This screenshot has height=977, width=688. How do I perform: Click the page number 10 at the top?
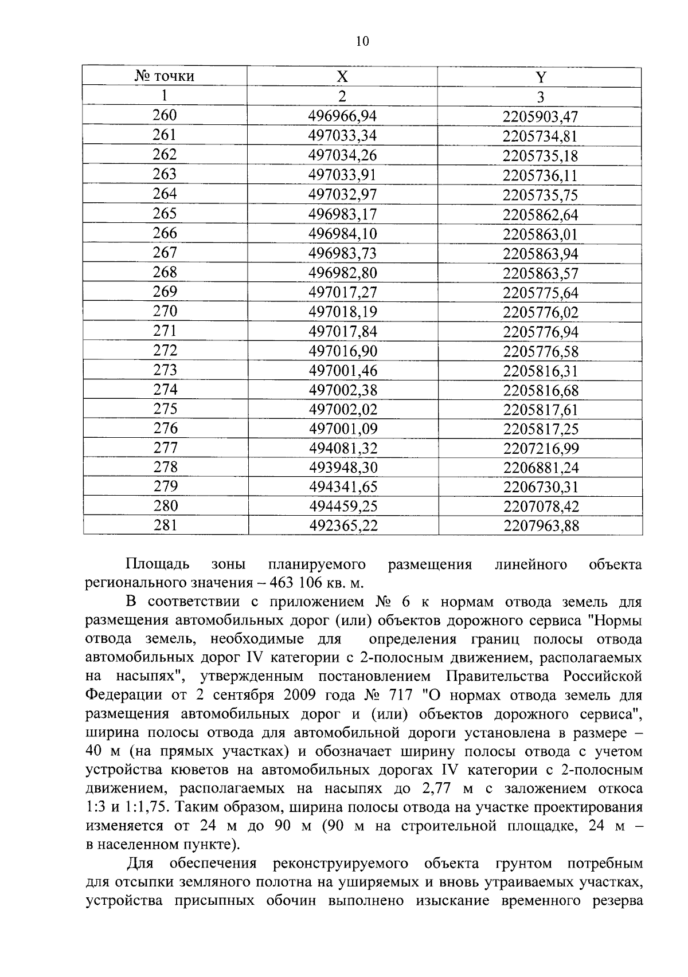pyautogui.click(x=362, y=41)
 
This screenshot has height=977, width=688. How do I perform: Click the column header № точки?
pyautogui.click(x=165, y=76)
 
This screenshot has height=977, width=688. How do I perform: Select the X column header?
pyautogui.click(x=342, y=77)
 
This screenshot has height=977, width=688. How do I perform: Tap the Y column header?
pyautogui.click(x=541, y=77)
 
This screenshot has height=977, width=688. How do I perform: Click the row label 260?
pyautogui.click(x=165, y=116)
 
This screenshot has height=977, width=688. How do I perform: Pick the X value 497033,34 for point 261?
pyautogui.click(x=342, y=136)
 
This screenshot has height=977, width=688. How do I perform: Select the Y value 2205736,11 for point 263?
pyautogui.click(x=541, y=175)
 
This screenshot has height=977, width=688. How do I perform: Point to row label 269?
pyautogui.click(x=165, y=292)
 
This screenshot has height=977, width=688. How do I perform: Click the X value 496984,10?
pyautogui.click(x=342, y=234)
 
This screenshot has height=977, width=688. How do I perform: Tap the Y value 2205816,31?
pyautogui.click(x=541, y=370)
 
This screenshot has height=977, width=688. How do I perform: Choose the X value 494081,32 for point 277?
pyautogui.click(x=342, y=448)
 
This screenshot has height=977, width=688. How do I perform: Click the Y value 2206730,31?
pyautogui.click(x=541, y=487)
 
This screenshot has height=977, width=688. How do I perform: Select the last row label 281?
pyautogui.click(x=165, y=525)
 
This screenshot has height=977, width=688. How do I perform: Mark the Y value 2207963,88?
pyautogui.click(x=541, y=525)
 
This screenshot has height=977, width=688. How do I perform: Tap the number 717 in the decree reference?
pyautogui.click(x=399, y=695)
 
